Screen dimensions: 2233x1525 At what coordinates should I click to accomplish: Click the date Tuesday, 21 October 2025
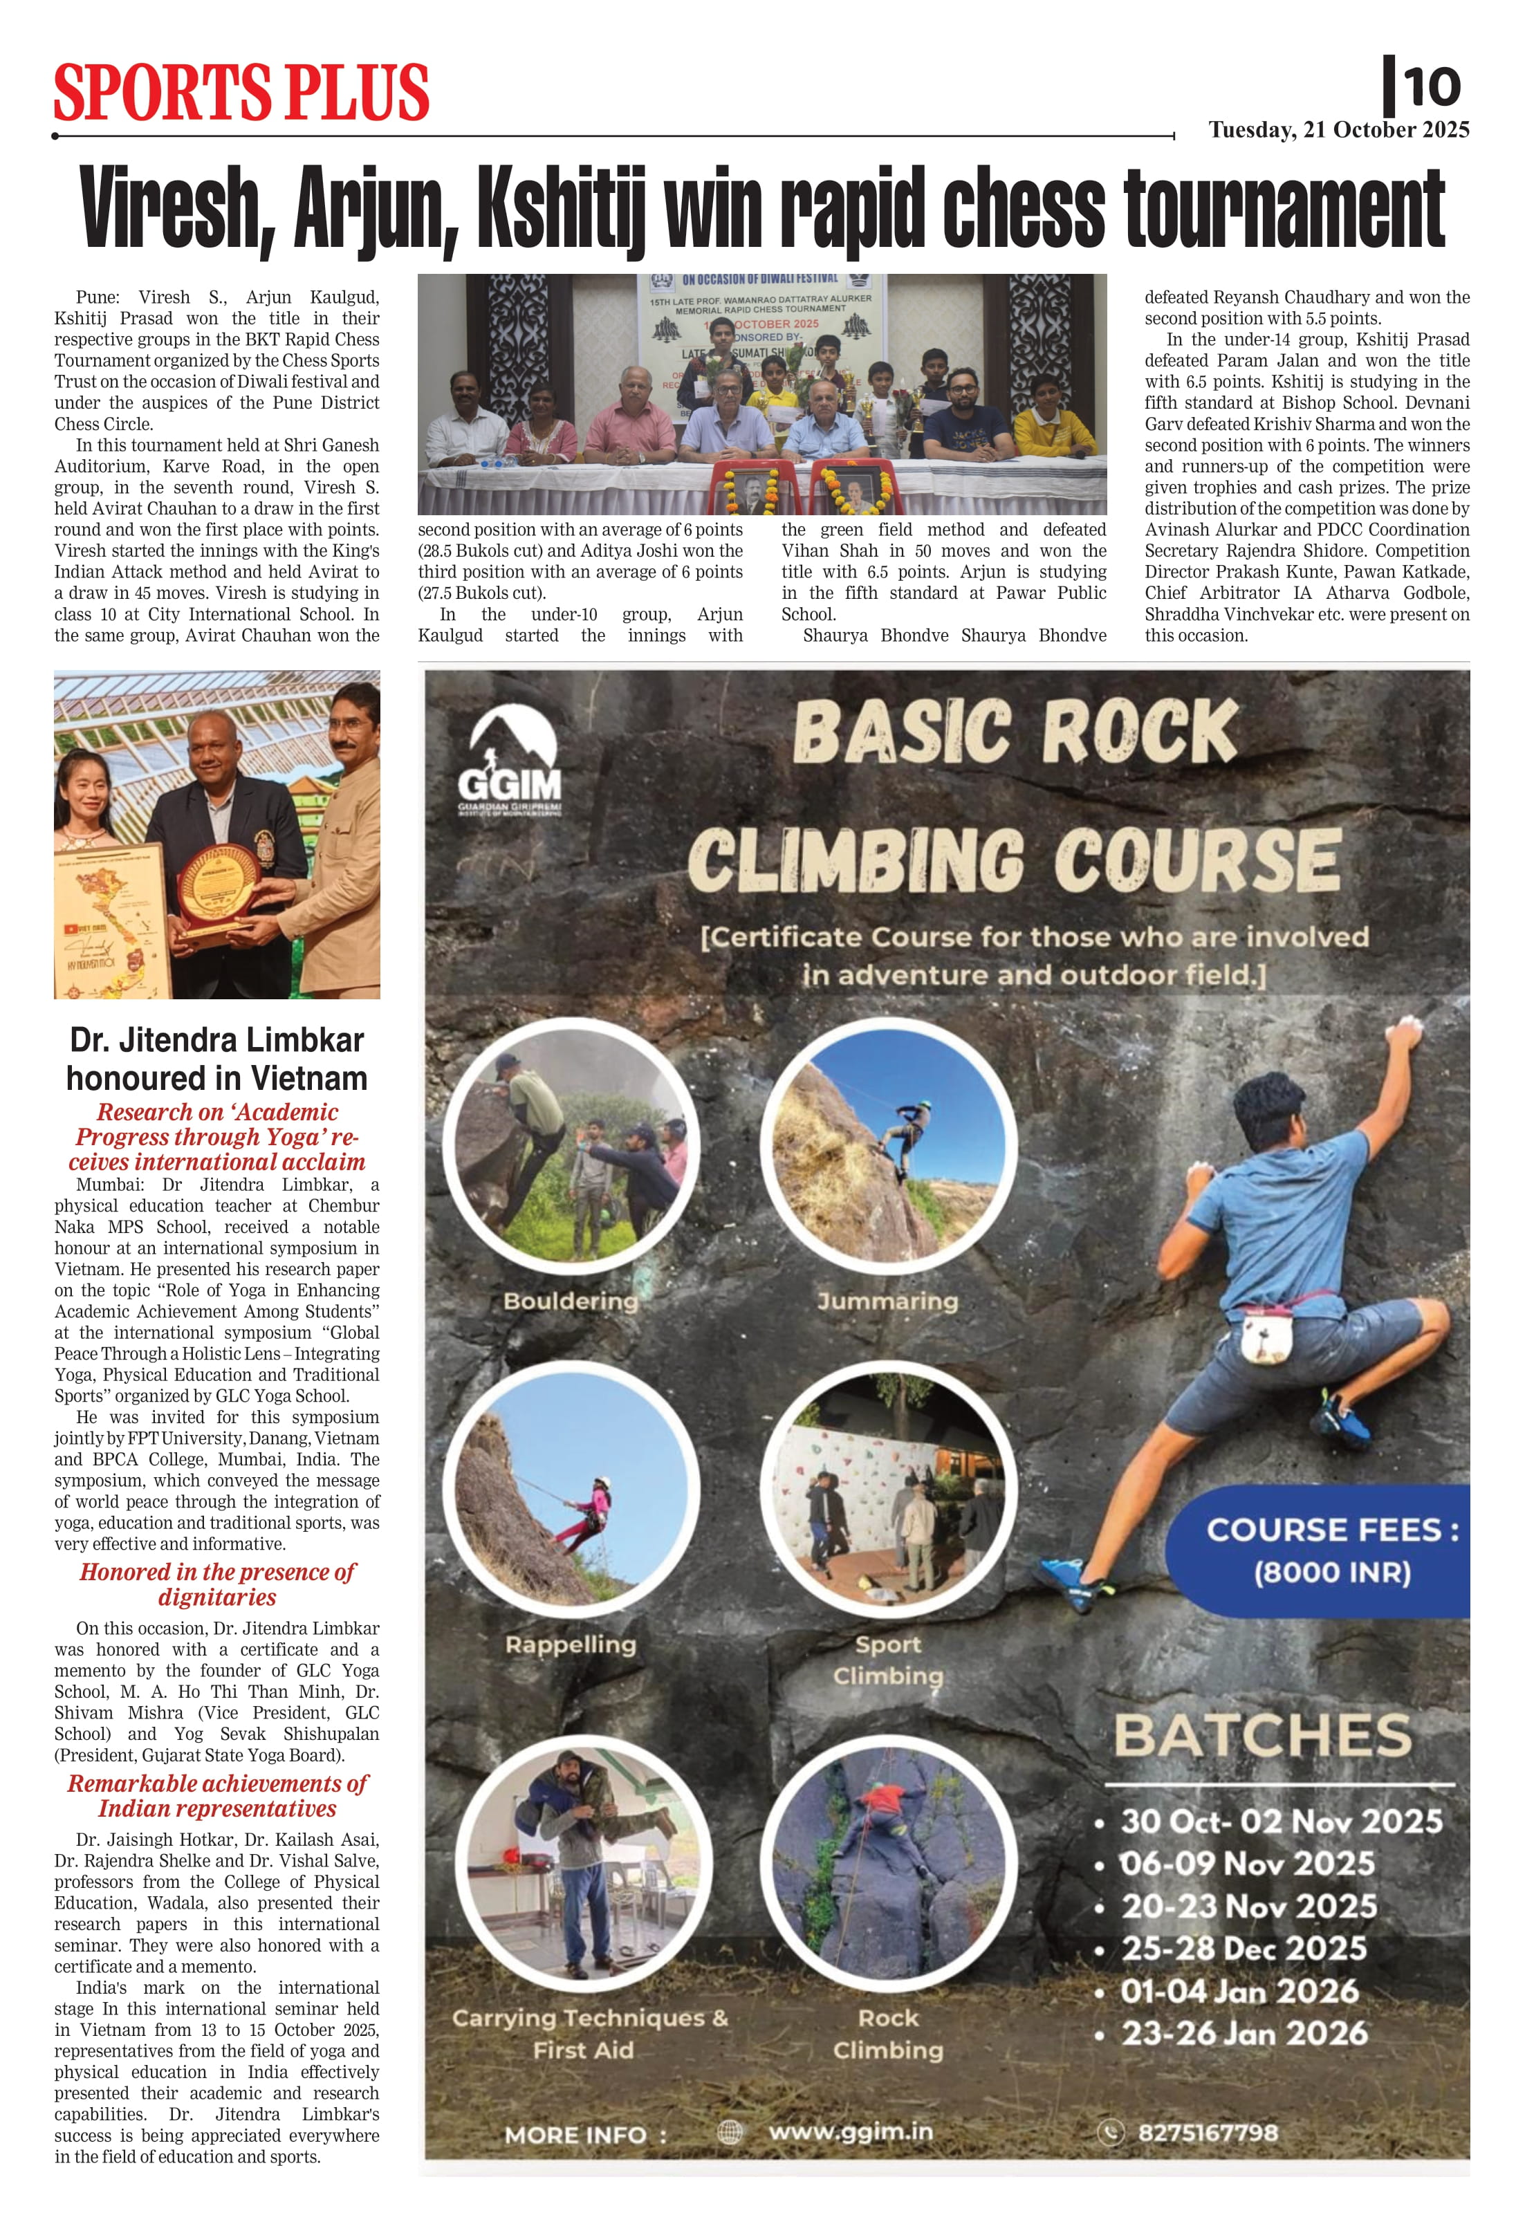pos(1338,130)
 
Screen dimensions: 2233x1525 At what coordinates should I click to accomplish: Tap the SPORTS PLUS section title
pos(241,93)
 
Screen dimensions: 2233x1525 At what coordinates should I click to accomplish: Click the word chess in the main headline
pos(1024,209)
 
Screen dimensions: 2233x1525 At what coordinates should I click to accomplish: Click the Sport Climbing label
pos(888,1660)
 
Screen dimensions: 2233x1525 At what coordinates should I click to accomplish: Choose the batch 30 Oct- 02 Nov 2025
pos(1281,1821)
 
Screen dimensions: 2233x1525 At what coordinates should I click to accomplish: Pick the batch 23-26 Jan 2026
pos(1244,2032)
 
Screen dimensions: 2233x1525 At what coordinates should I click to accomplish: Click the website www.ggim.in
pos(851,2131)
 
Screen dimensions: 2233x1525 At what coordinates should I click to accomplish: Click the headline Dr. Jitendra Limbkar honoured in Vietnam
pos(217,1059)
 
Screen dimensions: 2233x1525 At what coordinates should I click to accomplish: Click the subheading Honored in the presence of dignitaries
pos(217,1584)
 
